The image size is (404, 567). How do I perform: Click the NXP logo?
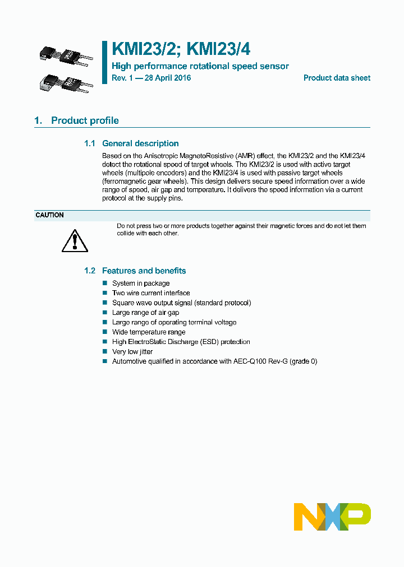(x=332, y=517)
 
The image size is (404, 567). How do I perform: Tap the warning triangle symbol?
(x=72, y=240)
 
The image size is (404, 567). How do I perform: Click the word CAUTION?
(x=49, y=215)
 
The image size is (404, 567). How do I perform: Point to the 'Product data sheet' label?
(x=337, y=78)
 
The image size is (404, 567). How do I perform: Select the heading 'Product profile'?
(x=85, y=120)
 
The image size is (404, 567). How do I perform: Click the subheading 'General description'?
(x=140, y=143)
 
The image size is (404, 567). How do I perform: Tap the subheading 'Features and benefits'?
(x=144, y=271)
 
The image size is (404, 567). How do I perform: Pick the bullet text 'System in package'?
(x=141, y=283)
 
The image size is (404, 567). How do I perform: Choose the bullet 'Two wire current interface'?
(x=151, y=293)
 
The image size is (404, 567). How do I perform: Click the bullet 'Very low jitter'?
(x=132, y=352)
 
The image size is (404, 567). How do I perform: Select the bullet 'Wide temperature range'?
(x=149, y=332)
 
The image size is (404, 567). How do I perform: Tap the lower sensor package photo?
(x=63, y=83)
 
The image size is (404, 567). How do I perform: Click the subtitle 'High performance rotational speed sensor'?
(x=200, y=66)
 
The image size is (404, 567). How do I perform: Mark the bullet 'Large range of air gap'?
(x=146, y=313)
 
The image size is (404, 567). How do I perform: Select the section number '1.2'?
(x=90, y=271)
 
